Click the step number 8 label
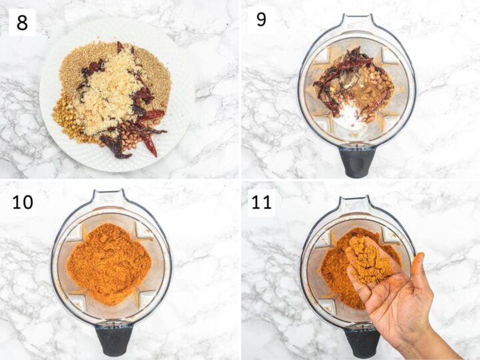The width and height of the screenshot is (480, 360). click(x=22, y=23)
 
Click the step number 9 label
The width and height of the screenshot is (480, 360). click(x=261, y=19)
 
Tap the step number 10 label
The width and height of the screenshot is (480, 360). click(x=23, y=202)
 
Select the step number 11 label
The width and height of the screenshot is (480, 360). click(x=261, y=202)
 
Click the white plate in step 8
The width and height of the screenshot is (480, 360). click(x=117, y=95)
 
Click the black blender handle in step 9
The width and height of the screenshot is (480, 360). click(x=357, y=161)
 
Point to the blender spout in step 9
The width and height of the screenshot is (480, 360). click(x=357, y=22)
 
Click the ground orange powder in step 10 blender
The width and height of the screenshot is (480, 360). click(x=109, y=265)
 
